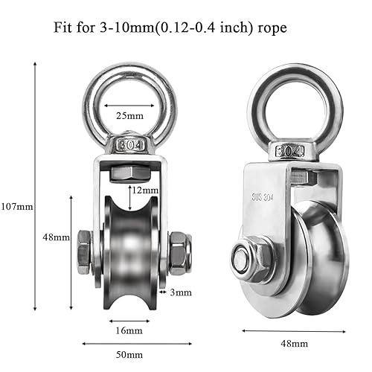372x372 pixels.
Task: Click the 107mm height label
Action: coord(17,206)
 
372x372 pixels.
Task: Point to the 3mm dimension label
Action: coord(179,292)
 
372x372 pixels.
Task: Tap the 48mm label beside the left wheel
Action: coord(57,237)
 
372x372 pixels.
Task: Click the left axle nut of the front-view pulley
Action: coord(83,251)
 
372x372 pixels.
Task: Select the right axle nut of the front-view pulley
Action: coord(179,251)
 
